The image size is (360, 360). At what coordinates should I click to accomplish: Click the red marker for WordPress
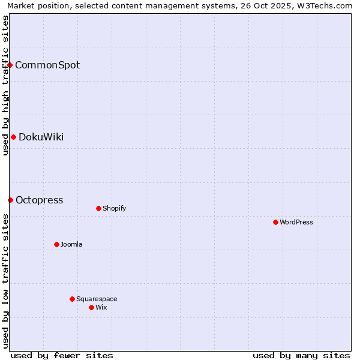click(275, 222)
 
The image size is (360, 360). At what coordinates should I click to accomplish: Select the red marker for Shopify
click(98, 208)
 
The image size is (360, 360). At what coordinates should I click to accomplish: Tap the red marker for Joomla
click(56, 244)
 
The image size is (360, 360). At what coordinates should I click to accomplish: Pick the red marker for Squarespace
click(72, 299)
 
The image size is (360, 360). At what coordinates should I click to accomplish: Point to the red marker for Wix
click(91, 307)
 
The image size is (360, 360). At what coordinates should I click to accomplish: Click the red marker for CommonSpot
click(10, 65)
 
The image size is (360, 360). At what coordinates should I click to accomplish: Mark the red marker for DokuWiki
click(13, 137)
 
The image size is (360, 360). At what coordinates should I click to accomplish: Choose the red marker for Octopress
click(10, 200)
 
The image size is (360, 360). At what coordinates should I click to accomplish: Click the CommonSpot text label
click(47, 65)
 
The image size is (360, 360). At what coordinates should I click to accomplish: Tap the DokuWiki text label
click(41, 137)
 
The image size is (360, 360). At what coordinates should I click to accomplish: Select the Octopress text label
click(39, 200)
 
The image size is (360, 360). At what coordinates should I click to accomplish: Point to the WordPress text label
click(296, 222)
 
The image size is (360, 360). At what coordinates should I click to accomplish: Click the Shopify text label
click(114, 208)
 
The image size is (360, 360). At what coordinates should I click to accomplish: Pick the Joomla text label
click(71, 244)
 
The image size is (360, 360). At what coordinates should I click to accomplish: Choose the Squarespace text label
click(97, 299)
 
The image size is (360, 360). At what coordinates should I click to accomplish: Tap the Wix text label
click(101, 307)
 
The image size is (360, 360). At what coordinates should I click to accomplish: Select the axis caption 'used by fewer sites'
click(62, 355)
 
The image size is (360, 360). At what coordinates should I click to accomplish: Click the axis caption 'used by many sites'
click(301, 355)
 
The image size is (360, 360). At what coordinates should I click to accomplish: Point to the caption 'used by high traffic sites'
click(5, 85)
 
